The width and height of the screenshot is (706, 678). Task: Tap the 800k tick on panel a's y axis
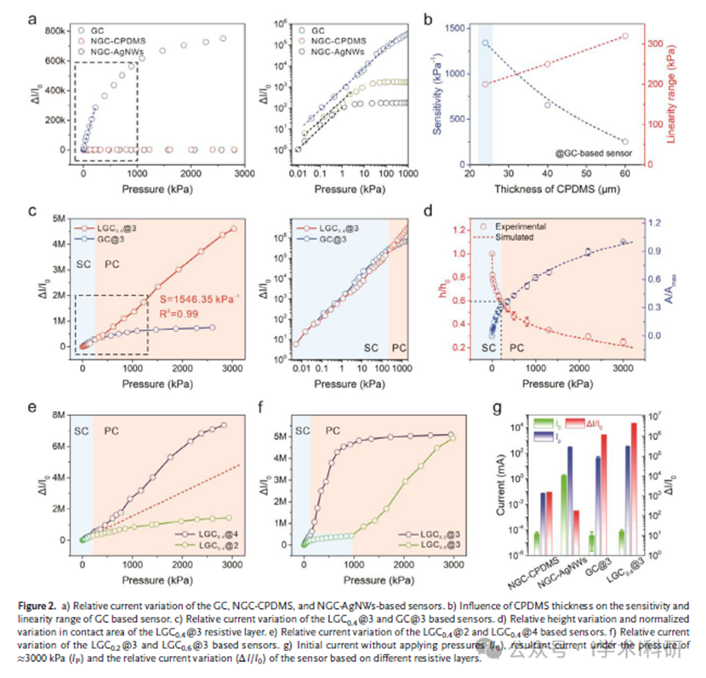point(55,31)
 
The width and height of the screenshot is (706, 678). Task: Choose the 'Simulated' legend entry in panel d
point(532,237)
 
